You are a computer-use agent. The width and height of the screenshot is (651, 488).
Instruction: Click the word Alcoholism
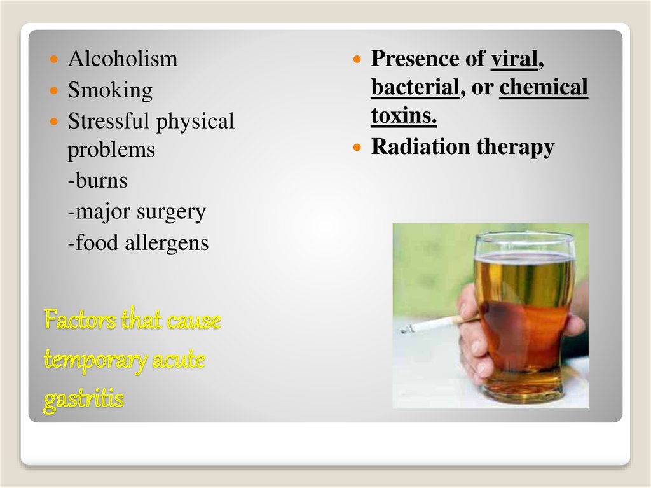[x=123, y=58]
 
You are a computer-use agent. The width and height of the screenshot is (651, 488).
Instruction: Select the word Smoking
[x=110, y=91]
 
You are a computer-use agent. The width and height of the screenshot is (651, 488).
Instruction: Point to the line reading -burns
[x=97, y=181]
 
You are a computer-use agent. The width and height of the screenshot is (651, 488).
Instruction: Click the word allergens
[x=167, y=243]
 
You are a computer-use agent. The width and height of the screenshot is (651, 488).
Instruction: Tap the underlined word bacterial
[x=415, y=87]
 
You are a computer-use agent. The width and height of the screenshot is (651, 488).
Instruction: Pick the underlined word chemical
[x=544, y=87]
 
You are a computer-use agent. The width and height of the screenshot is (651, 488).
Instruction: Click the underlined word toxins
[x=404, y=116]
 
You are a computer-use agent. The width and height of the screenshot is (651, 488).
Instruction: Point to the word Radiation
[x=420, y=146]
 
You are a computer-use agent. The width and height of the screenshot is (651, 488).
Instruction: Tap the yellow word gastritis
[x=83, y=400]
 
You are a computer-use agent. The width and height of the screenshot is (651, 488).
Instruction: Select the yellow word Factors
[x=80, y=320]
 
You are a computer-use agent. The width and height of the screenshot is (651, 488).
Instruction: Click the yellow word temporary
[x=95, y=360]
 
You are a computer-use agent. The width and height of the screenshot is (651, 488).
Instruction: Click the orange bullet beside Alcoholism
[x=54, y=59]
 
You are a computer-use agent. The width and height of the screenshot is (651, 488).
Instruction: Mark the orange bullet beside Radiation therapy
[x=357, y=147]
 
